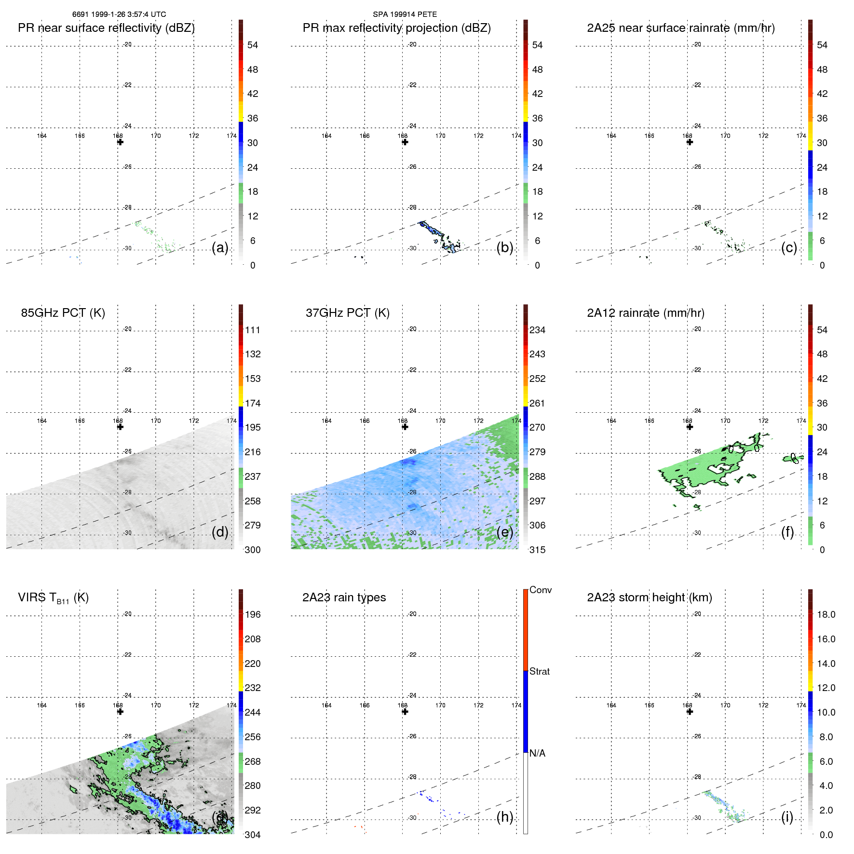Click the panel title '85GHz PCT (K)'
point(63,313)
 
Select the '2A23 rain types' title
point(344,597)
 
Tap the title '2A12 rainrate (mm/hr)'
point(645,313)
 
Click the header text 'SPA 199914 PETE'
point(405,14)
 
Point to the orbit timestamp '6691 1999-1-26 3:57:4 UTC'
point(119,14)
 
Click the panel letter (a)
point(220,247)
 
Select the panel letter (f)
point(787,532)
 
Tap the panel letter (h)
point(504,817)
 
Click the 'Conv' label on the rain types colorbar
point(540,590)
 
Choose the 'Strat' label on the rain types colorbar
point(539,671)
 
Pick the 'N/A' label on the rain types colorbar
point(537,753)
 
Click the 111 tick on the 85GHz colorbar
point(253,330)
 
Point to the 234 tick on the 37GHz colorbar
point(537,330)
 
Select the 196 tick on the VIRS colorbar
point(253,614)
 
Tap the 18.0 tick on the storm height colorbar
point(826,614)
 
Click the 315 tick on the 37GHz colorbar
point(537,550)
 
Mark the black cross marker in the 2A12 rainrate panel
point(690,427)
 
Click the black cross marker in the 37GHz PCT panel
point(405,427)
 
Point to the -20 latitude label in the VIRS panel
point(127,614)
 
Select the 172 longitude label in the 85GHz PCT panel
point(194,420)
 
